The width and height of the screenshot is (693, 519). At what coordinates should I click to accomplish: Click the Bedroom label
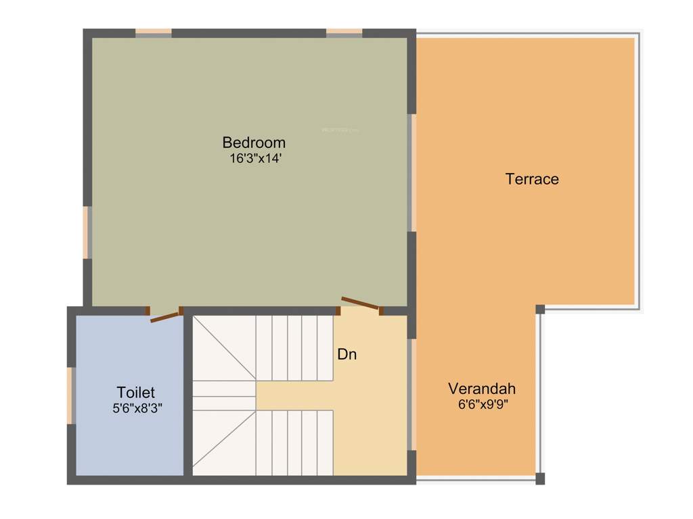coord(254,143)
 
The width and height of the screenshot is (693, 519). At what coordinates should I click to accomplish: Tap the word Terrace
coord(532,179)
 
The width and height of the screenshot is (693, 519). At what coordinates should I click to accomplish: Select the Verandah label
coord(482,389)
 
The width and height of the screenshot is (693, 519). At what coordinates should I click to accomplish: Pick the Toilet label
coord(135,393)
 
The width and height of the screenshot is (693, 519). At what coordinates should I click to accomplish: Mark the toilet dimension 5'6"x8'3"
coord(137,408)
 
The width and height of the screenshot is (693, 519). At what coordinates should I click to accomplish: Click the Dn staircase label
coord(346,354)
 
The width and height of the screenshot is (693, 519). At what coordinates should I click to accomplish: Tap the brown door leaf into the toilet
coord(165,316)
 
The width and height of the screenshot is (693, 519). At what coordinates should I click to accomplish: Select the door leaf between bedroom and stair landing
coord(360,303)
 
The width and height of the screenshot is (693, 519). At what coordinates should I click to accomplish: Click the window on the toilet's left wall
coord(70,395)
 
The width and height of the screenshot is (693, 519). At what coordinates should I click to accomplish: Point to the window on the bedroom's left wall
coord(87,232)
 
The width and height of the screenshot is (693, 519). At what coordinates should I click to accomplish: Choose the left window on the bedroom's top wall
coord(153,32)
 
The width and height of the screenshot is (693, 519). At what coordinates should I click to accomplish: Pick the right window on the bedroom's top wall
coord(344,32)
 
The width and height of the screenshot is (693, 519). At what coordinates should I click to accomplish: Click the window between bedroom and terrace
coord(411,173)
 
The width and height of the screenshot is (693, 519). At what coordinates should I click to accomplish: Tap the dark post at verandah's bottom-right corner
coord(540,478)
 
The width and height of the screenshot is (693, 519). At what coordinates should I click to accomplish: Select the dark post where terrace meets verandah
coord(540,310)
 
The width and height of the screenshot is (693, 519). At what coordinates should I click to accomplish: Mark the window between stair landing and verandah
coord(411,394)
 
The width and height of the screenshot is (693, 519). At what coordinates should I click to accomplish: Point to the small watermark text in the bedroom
coord(340,128)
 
